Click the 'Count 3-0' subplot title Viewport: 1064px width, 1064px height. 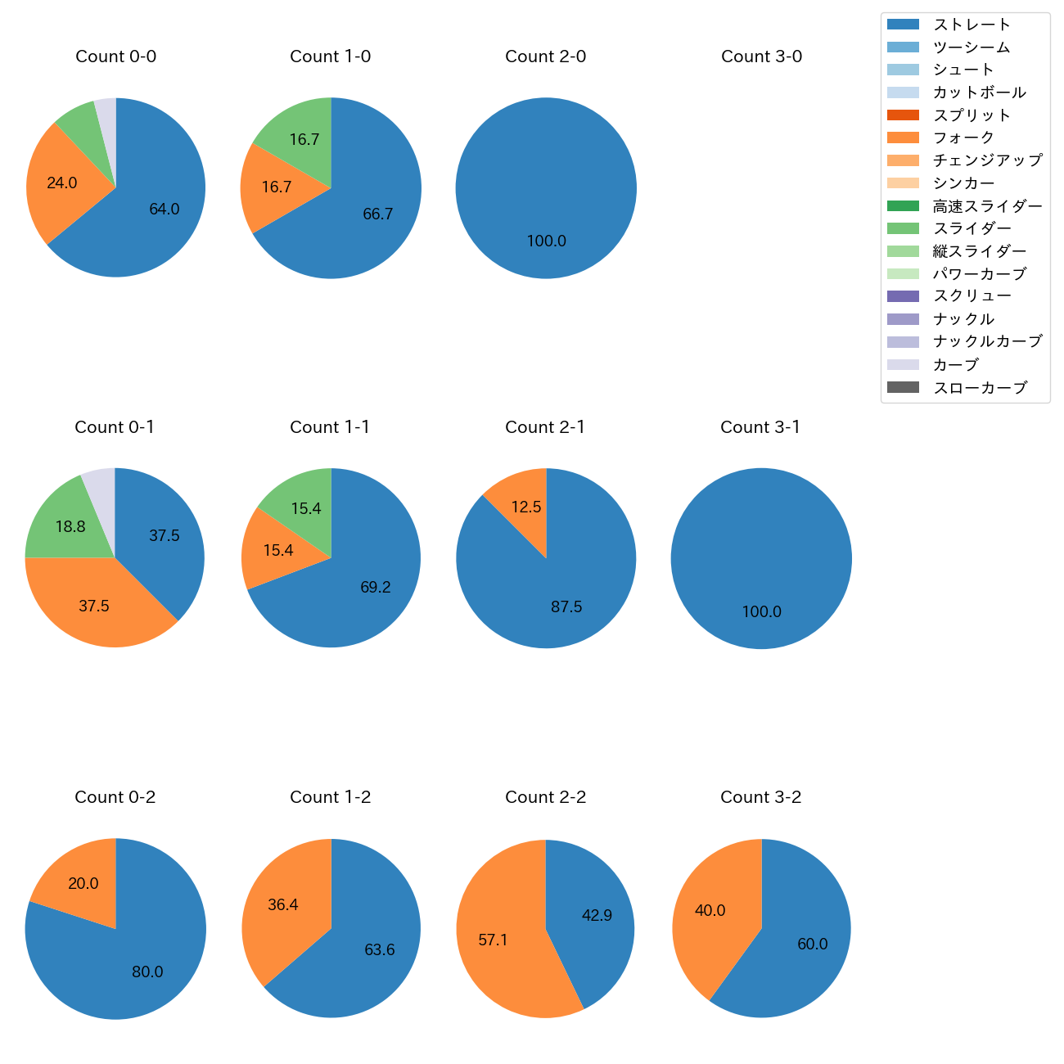click(x=761, y=56)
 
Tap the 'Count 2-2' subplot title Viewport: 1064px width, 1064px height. click(x=545, y=797)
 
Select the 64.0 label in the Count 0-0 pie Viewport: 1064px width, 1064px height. click(x=164, y=209)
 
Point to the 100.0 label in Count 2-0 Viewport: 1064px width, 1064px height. click(x=546, y=241)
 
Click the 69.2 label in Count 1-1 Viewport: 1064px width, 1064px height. click(x=376, y=587)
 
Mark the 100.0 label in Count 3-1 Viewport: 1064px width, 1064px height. click(x=761, y=612)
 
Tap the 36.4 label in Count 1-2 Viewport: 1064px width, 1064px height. click(x=283, y=904)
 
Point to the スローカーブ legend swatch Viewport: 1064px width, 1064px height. click(x=902, y=388)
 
